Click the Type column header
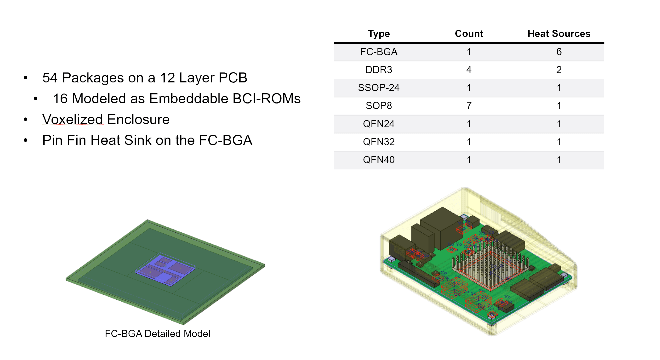[x=379, y=34]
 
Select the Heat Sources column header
[x=559, y=34]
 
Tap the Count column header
[x=469, y=34]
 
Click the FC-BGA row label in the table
[x=379, y=52]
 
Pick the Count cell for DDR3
[x=469, y=70]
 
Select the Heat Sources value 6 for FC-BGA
[x=559, y=52]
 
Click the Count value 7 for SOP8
[x=469, y=106]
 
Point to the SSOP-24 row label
[x=379, y=88]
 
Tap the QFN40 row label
[x=379, y=160]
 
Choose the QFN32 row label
[x=379, y=142]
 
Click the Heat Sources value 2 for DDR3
[x=559, y=70]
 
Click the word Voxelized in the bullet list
[x=72, y=119]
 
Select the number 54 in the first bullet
[x=50, y=78]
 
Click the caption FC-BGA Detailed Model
[x=157, y=334]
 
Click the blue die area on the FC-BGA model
[x=165, y=269]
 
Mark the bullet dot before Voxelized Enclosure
[x=26, y=120]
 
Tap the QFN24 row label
[x=379, y=124]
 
